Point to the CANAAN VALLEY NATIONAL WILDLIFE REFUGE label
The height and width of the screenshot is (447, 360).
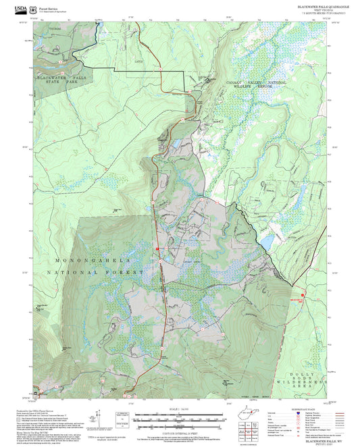pyautogui.click(x=256, y=84)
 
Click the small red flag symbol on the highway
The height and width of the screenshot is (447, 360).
pyautogui.click(x=157, y=248)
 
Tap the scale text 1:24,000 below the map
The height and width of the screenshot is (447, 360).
pyautogui.click(x=179, y=409)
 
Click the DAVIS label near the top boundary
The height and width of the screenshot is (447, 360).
pyautogui.click(x=138, y=60)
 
